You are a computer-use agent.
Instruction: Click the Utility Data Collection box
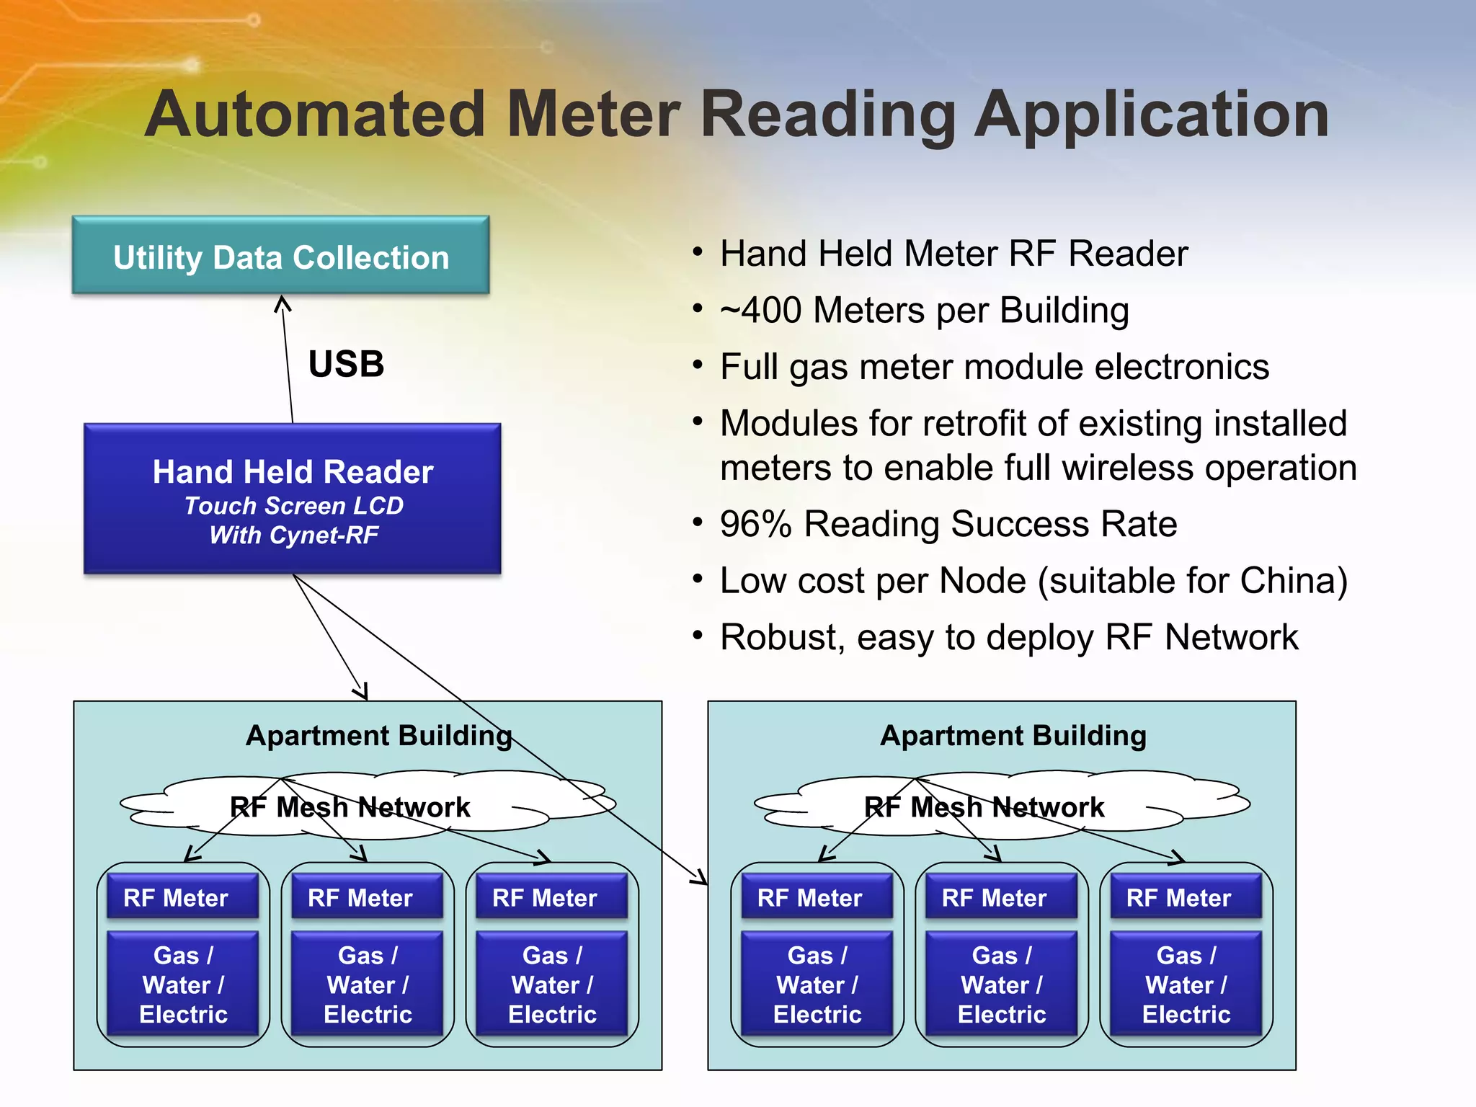pyautogui.click(x=280, y=256)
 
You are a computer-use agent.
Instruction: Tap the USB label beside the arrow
pyautogui.click(x=346, y=364)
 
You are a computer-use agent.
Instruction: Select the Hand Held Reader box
pyautogui.click(x=293, y=499)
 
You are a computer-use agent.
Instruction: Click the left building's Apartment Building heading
pyautogui.click(x=378, y=736)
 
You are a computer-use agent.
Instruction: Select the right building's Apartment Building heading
pyautogui.click(x=1013, y=736)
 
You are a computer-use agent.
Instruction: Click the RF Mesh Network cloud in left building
pyautogui.click(x=350, y=806)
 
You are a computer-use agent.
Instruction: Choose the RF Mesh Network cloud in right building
pyautogui.click(x=984, y=806)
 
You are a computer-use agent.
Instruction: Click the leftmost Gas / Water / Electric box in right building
pyautogui.click(x=817, y=984)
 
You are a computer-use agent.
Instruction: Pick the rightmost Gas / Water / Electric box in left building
pyautogui.click(x=552, y=984)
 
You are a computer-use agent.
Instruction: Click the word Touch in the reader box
pyautogui.click(x=221, y=506)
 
